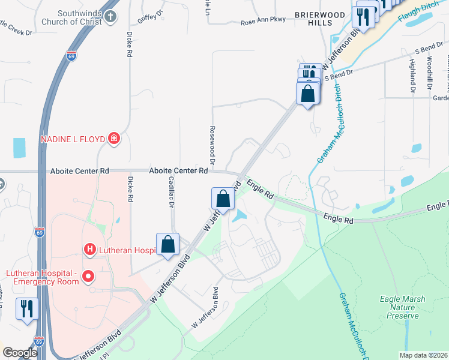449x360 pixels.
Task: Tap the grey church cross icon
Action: tap(111, 16)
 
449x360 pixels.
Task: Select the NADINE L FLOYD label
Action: tap(73, 139)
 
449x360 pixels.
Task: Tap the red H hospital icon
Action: tap(89, 248)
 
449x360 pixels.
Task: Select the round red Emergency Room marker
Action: tap(88, 277)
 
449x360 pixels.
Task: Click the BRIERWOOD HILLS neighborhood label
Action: tap(312, 17)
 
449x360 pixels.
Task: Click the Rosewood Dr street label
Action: tap(212, 145)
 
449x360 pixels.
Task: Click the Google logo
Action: tap(20, 352)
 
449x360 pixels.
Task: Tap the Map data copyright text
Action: tap(423, 355)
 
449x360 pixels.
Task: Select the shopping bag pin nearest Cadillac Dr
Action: tap(168, 245)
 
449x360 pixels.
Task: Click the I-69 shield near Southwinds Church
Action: tap(71, 55)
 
